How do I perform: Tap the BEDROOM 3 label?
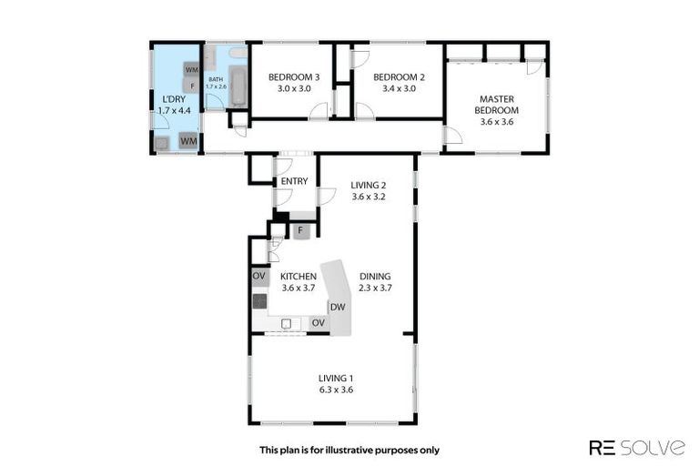click(289, 77)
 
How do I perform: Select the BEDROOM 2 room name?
click(394, 77)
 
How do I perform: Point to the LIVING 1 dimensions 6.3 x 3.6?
click(335, 390)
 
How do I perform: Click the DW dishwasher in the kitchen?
click(337, 307)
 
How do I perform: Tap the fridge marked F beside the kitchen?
click(299, 230)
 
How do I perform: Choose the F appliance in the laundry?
click(192, 86)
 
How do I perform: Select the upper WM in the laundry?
click(192, 69)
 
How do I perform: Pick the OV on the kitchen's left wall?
click(258, 276)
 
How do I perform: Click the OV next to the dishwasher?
click(318, 323)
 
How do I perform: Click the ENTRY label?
click(294, 181)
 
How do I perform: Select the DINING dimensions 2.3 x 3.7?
click(375, 289)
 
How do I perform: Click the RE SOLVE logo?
click(637, 447)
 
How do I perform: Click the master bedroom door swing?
click(452, 137)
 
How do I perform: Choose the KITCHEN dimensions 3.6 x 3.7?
click(298, 289)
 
